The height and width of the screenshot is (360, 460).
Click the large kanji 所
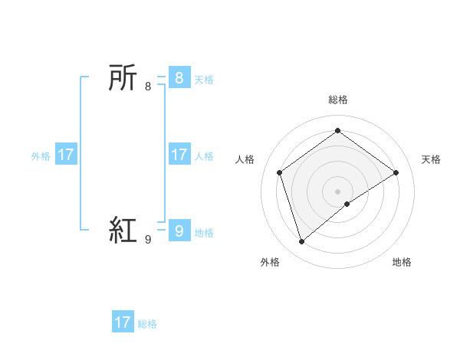tap(123, 78)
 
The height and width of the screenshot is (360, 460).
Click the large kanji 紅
tap(123, 229)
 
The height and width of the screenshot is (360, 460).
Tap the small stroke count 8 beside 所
tap(148, 87)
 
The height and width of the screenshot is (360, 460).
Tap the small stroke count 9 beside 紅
tap(148, 239)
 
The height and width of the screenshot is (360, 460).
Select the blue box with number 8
tap(179, 78)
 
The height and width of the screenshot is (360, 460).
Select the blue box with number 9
tap(179, 229)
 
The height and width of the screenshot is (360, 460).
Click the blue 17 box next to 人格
tap(179, 155)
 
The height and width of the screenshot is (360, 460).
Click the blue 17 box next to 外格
tap(66, 155)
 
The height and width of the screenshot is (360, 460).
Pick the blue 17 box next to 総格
tap(123, 322)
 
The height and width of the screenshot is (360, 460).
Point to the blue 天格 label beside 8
tap(204, 80)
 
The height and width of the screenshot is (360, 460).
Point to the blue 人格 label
tap(204, 156)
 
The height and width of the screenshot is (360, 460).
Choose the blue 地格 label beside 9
tap(204, 233)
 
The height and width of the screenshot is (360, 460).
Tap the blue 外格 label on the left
tap(41, 156)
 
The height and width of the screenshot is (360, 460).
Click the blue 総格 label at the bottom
tap(147, 324)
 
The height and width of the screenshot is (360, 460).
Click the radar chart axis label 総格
tap(337, 100)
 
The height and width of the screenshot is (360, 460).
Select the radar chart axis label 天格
tap(431, 159)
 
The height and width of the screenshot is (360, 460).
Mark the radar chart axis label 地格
tap(402, 262)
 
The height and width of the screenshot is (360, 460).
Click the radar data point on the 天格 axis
tap(396, 172)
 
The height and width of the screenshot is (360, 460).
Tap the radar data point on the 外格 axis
tap(301, 242)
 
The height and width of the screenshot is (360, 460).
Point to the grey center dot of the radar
tap(337, 191)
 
